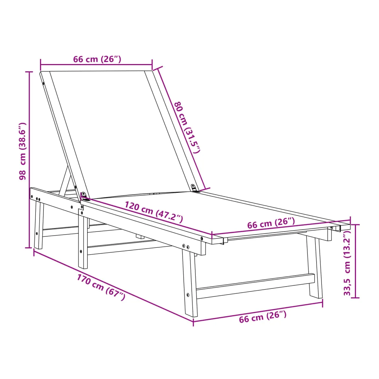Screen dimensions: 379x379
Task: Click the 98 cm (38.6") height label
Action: [x=22, y=151]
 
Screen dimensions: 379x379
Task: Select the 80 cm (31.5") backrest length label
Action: [x=187, y=127]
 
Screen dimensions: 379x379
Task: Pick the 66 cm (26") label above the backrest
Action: [x=97, y=59]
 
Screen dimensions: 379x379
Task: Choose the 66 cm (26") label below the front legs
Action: [x=263, y=317]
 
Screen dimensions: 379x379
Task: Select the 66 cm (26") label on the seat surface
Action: [x=271, y=223]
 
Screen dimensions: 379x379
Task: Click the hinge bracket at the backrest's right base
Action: [x=194, y=188]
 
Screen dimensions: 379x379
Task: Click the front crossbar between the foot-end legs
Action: [x=255, y=286]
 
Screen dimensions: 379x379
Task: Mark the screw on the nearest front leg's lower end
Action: [x=188, y=295]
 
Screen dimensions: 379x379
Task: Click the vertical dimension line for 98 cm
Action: [x=30, y=160]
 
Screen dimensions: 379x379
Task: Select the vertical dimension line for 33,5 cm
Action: [x=355, y=261]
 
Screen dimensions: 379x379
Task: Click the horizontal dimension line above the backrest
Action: [x=96, y=65]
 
